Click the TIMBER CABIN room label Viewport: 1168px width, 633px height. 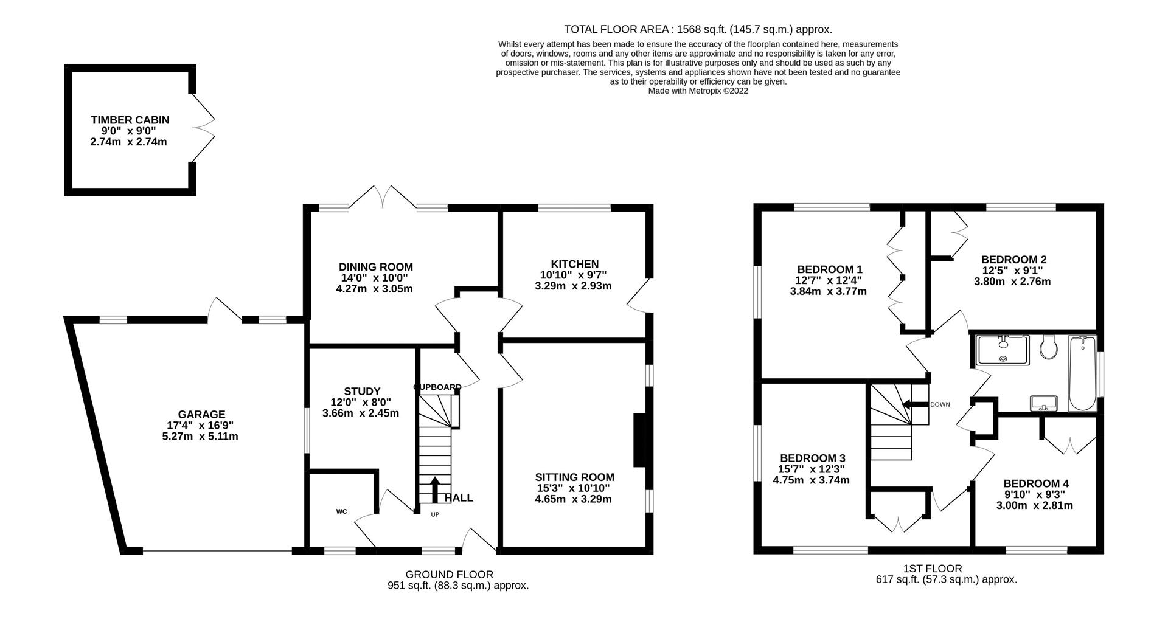click(x=130, y=120)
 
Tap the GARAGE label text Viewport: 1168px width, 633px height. click(x=201, y=415)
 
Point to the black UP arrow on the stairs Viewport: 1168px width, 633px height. click(x=435, y=489)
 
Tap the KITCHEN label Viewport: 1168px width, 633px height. click(x=574, y=264)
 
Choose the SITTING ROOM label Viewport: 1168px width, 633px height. click(x=574, y=477)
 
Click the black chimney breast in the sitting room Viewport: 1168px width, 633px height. click(x=640, y=440)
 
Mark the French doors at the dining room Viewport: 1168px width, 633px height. click(x=383, y=196)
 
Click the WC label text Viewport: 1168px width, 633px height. click(x=341, y=511)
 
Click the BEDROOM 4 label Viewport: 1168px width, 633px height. click(x=1036, y=483)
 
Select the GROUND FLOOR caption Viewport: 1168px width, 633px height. click(x=449, y=574)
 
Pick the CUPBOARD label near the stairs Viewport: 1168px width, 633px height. click(x=437, y=387)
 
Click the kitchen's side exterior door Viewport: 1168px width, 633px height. click(x=639, y=296)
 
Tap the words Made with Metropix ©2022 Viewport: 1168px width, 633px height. click(x=698, y=91)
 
